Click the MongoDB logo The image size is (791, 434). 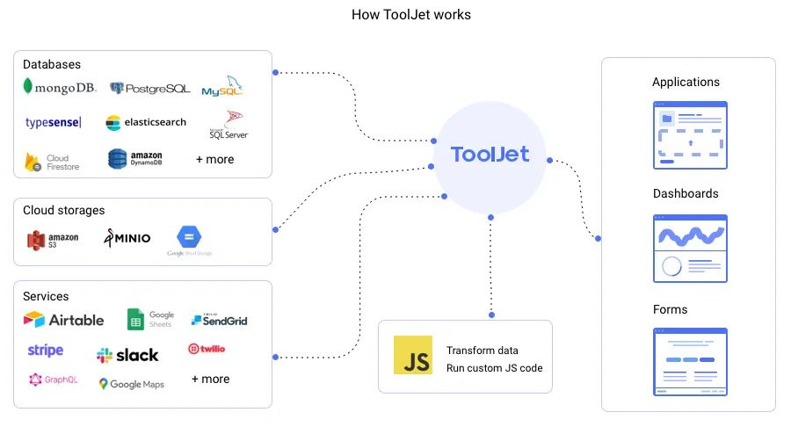60,88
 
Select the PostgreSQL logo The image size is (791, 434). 149,88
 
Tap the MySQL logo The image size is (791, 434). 221,89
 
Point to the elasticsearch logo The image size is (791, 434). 146,123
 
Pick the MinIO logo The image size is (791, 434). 127,238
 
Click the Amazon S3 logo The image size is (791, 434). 53,239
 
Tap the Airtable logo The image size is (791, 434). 63,320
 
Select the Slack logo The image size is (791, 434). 127,355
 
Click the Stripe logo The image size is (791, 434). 46,351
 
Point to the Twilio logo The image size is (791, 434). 207,349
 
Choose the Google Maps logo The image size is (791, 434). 131,384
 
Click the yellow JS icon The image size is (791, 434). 413,355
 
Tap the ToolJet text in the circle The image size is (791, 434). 490,155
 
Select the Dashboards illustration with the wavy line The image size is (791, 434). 690,249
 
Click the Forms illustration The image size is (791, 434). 690,361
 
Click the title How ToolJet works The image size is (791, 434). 411,15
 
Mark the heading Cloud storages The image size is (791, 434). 63,211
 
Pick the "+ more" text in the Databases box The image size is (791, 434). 214,160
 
